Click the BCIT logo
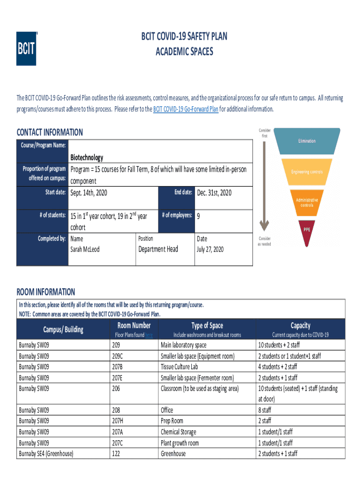26,49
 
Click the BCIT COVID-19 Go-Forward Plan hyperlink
186,109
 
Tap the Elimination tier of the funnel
307,141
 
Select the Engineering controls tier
307,172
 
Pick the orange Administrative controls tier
307,202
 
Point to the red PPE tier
307,230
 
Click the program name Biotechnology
86,158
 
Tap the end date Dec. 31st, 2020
214,193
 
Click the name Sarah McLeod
85,249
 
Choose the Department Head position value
158,249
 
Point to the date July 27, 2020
210,249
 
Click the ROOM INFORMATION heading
46,292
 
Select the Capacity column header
300,326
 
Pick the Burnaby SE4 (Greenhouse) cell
46,454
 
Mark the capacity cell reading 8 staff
265,410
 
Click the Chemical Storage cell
179,432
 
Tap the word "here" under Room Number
149,335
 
